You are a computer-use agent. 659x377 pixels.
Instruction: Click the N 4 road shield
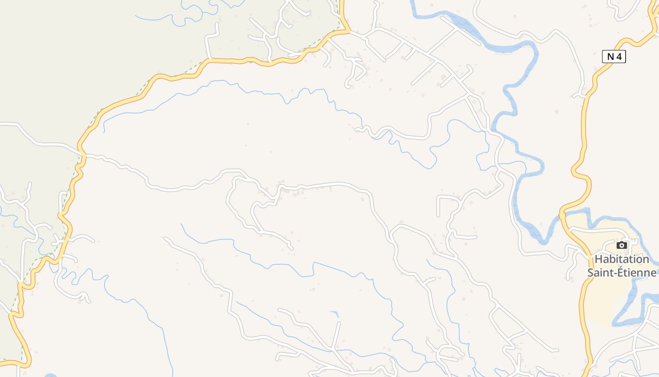614,57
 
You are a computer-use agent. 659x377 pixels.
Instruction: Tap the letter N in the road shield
611,57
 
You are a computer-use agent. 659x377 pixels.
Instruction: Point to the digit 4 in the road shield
619,57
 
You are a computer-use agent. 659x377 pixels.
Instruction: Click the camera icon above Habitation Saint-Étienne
622,245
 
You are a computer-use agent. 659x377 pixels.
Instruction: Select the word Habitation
621,259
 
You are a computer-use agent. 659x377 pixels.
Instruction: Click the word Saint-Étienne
621,272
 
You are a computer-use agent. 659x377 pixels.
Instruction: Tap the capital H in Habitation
598,259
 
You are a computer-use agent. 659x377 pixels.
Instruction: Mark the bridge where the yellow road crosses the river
562,215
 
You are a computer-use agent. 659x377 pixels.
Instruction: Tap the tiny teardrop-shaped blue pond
335,313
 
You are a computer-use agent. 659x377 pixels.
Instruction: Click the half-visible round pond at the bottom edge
51,376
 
